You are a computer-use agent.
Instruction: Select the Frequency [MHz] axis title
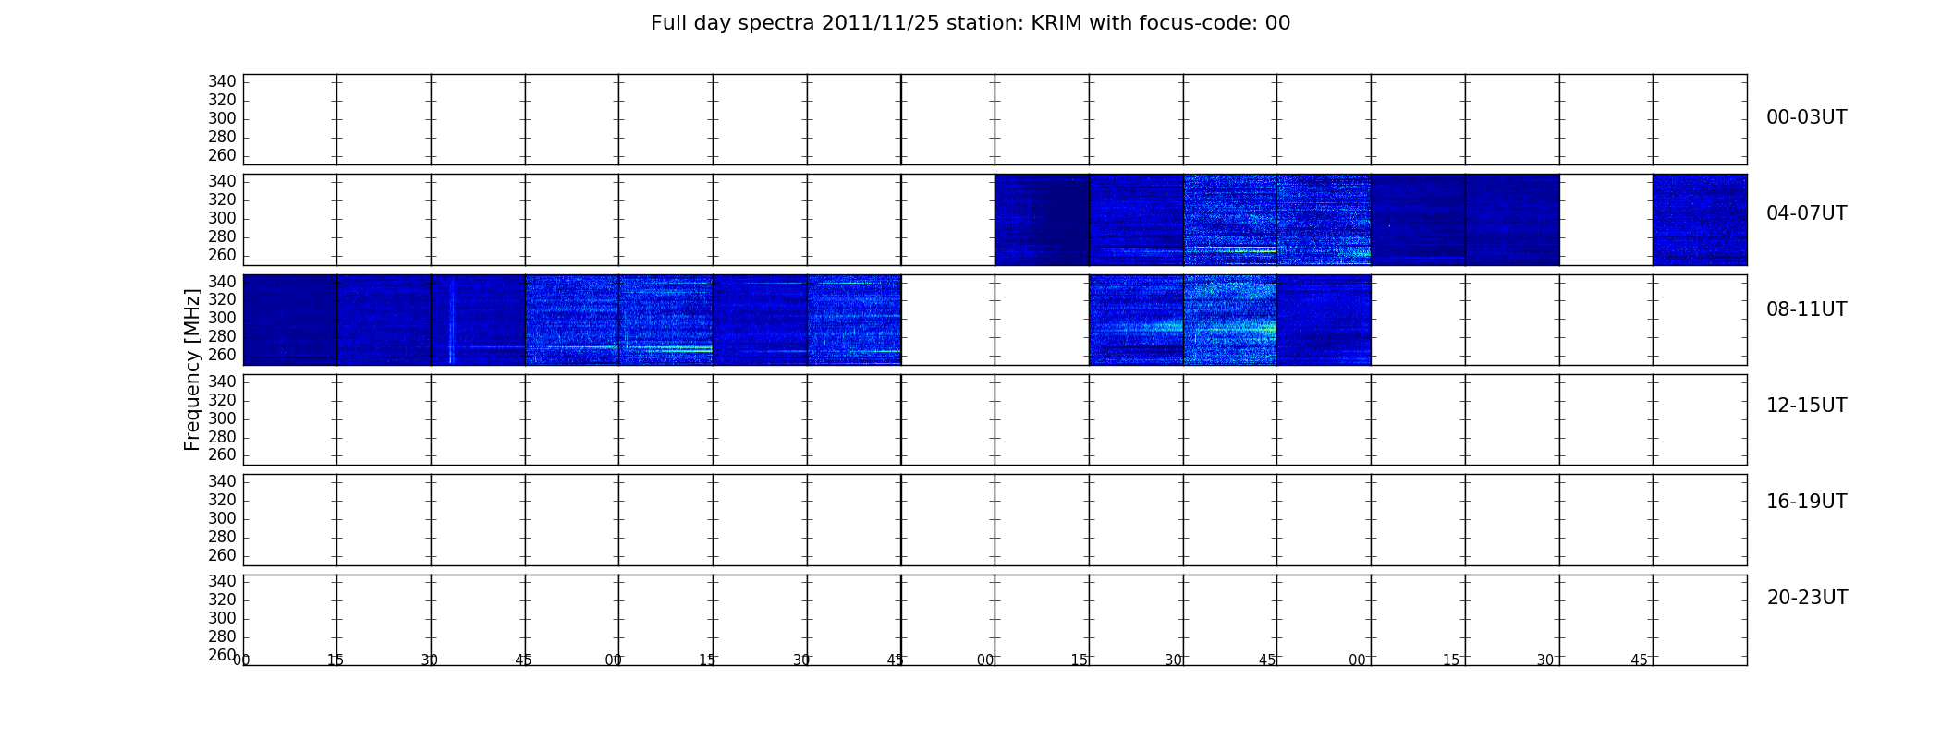pos(192,369)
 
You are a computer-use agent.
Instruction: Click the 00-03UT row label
pos(1807,117)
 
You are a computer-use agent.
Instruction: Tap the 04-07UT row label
pos(1807,213)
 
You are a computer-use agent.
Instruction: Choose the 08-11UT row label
pos(1807,309)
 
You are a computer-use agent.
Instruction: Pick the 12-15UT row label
pos(1807,406)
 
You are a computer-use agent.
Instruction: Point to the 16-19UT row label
pos(1807,502)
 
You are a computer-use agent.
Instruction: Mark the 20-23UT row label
pos(1808,598)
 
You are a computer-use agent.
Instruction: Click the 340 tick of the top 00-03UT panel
pos(222,82)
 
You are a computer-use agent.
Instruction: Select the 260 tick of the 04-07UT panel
pos(222,256)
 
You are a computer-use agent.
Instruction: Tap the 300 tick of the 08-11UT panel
pos(222,319)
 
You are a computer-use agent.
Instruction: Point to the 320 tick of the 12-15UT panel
pos(222,401)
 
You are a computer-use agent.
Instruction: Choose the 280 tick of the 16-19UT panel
pos(222,538)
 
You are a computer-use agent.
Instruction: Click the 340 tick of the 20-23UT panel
pos(222,582)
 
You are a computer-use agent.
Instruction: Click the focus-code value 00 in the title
pos(1277,23)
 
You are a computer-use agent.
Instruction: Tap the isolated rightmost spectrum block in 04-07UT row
pos(1700,220)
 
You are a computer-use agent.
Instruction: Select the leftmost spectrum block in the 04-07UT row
pos(1042,220)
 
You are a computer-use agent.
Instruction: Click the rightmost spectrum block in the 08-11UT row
pos(1324,320)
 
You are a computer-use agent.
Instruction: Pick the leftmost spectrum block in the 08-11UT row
pos(290,320)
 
